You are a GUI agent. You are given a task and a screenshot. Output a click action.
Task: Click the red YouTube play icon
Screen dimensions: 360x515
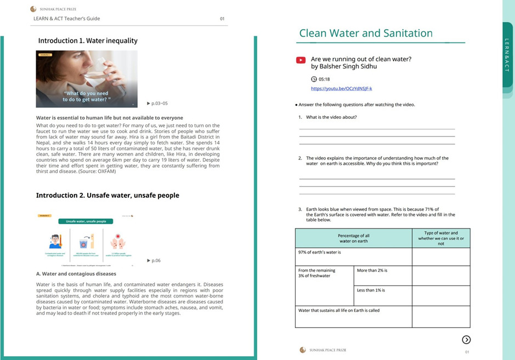(301, 60)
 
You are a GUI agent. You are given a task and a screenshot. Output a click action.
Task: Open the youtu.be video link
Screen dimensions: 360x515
(341, 89)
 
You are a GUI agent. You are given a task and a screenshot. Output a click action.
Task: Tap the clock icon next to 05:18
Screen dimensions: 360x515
(314, 79)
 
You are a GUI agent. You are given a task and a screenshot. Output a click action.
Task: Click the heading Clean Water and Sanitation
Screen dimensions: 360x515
(366, 33)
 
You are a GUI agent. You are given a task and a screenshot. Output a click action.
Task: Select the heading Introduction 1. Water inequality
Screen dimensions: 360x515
(88, 41)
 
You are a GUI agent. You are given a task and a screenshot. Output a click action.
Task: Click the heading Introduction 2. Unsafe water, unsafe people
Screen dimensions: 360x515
(107, 195)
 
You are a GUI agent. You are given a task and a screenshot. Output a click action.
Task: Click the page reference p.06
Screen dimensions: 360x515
(156, 261)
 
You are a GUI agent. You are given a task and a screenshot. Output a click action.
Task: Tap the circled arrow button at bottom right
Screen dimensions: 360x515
(466, 340)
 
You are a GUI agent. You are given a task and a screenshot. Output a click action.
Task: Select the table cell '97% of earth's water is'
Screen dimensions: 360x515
(353, 256)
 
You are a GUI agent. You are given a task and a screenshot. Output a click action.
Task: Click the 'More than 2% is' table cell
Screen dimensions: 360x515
(382, 276)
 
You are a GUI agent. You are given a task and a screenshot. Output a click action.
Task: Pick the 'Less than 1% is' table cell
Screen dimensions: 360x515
(382, 295)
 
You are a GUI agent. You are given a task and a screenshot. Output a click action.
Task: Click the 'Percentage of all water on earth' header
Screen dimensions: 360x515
(354, 238)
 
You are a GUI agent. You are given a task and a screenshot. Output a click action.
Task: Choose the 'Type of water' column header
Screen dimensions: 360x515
(441, 238)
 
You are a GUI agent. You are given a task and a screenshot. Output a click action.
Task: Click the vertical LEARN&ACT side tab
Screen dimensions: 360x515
(507, 55)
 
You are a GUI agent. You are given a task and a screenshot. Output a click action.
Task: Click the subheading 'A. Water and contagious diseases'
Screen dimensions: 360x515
(76, 273)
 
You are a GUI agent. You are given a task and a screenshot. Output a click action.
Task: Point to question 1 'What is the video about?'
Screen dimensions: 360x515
(331, 117)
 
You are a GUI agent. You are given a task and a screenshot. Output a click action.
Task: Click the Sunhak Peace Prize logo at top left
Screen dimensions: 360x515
(33, 9)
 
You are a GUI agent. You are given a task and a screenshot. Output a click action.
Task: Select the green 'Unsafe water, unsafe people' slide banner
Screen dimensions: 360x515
(86, 221)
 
